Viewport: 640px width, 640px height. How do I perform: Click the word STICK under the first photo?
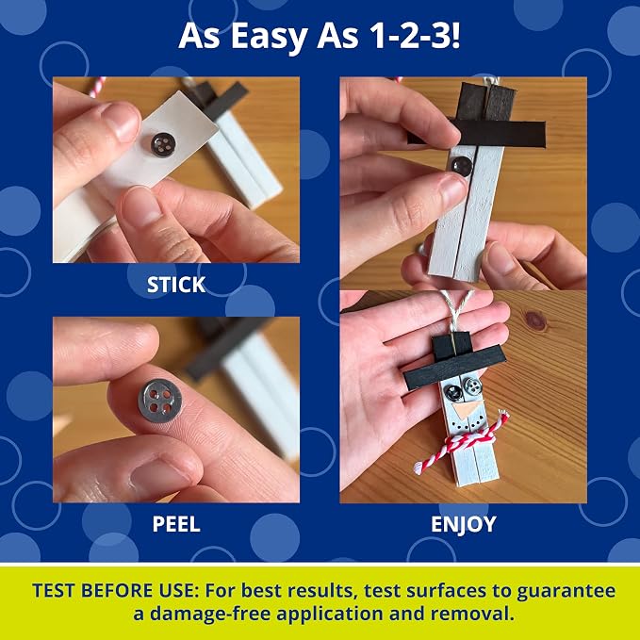(176, 285)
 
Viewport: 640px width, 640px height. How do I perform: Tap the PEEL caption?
(176, 524)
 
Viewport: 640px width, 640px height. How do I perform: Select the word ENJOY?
(463, 524)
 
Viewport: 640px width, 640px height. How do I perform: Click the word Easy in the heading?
(269, 36)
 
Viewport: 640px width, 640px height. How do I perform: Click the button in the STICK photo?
(163, 144)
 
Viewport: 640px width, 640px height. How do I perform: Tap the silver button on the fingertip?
(159, 401)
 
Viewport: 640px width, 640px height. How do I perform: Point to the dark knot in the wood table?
(536, 320)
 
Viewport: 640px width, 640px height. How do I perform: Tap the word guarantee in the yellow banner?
(566, 591)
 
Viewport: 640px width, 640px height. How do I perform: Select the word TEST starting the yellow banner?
(54, 591)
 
